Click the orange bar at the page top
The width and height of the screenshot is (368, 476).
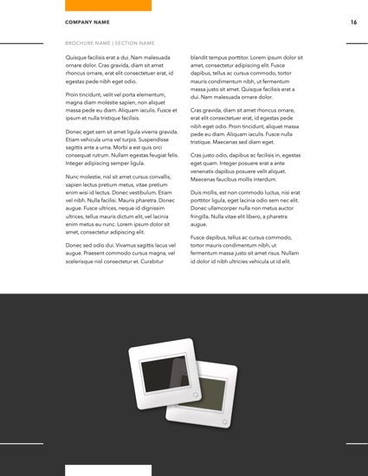pos(108,5)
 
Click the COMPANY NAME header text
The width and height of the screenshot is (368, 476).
pos(87,22)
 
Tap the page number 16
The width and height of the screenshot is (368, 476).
pos(353,22)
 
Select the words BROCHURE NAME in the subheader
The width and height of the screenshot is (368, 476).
pos(88,42)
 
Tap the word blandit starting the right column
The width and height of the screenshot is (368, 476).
pos(202,58)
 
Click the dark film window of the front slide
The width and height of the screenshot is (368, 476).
pos(167,370)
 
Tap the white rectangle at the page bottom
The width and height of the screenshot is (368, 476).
pos(108,470)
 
